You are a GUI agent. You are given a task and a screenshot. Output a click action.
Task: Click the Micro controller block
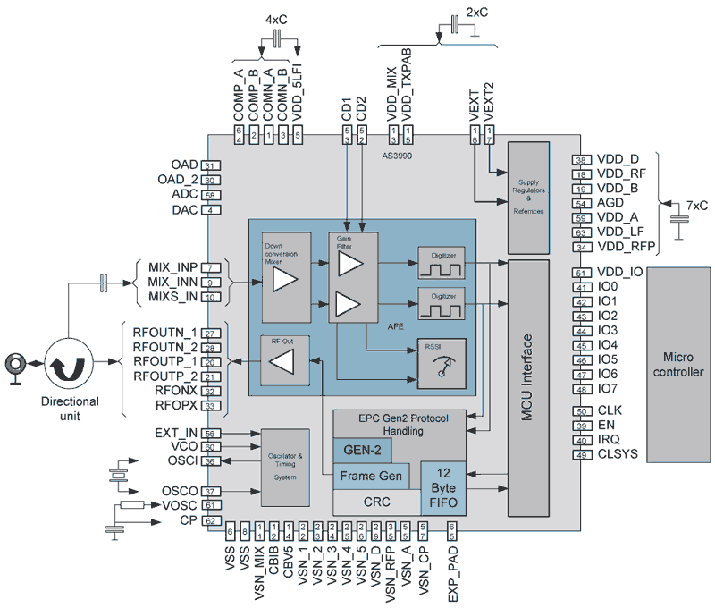point(677,362)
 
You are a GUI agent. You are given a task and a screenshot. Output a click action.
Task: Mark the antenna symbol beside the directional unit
point(15,363)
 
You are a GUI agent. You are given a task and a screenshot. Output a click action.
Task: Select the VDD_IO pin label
point(620,273)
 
